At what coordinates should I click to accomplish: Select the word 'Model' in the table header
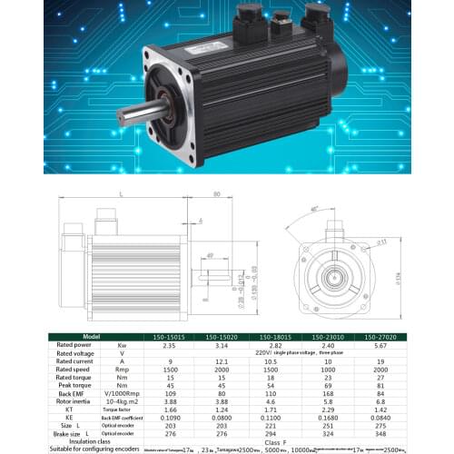click(89, 335)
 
